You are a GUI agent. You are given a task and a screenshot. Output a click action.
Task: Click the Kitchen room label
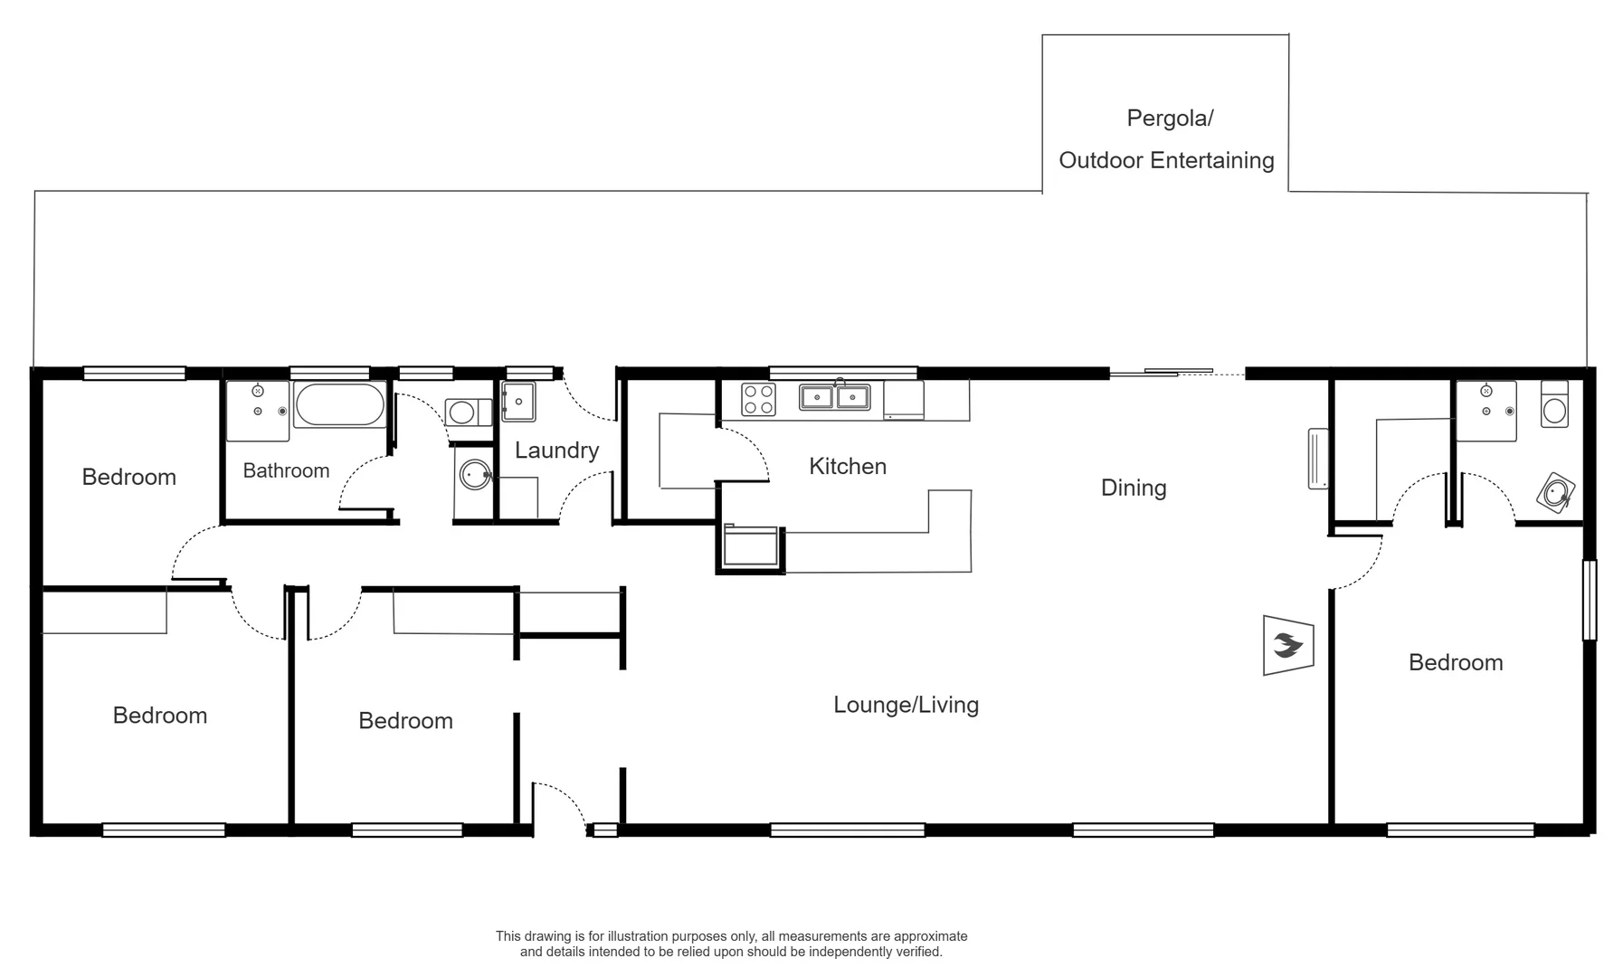point(847,467)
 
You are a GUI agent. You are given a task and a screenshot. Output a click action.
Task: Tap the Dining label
point(1133,488)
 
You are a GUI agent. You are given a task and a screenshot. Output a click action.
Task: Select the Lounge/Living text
point(906,705)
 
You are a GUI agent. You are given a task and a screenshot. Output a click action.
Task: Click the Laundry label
point(556,451)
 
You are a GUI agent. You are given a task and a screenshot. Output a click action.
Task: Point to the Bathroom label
point(286,470)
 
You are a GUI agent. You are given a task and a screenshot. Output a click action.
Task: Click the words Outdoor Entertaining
point(1166,161)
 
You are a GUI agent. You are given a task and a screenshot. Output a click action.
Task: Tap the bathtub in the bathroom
point(339,405)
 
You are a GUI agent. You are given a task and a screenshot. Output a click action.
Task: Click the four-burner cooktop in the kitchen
point(758,399)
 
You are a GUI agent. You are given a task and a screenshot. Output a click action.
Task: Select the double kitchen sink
point(834,397)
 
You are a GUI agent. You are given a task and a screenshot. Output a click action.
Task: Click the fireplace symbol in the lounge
point(1287,645)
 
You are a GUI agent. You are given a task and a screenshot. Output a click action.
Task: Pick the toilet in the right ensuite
point(1554,404)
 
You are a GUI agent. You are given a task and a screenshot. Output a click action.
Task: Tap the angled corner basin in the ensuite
point(1556,493)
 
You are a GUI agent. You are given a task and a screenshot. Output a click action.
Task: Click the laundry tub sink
point(518,402)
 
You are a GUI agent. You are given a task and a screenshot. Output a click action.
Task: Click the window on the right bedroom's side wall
point(1589,600)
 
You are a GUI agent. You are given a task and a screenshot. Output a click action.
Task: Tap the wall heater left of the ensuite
point(1318,459)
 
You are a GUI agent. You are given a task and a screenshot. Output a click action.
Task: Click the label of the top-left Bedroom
point(128,478)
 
